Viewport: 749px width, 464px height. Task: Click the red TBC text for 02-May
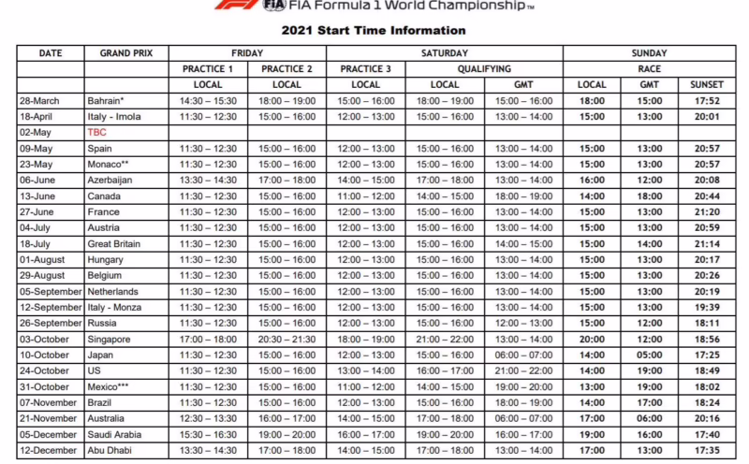coord(97,132)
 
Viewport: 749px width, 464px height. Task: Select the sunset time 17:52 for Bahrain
coord(707,101)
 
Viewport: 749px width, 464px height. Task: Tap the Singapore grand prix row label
coord(110,340)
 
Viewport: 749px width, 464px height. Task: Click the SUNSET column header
coord(707,84)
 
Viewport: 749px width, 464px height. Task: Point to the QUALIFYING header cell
coord(484,68)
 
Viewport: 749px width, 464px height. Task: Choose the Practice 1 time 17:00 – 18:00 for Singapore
coord(208,340)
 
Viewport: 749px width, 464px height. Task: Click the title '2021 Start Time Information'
coord(373,30)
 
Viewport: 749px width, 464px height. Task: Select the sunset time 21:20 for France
coord(707,212)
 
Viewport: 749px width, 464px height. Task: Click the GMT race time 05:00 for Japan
coord(650,355)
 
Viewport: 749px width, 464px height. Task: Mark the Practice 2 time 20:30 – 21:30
coord(287,340)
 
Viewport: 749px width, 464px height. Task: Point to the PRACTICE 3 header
coord(366,68)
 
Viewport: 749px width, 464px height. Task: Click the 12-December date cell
coord(46,451)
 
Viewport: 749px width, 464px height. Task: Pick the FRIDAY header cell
coord(247,53)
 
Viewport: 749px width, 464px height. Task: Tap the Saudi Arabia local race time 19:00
coord(592,435)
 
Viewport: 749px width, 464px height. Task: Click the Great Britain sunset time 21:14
coord(707,244)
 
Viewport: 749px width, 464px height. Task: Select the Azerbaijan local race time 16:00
coord(592,180)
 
